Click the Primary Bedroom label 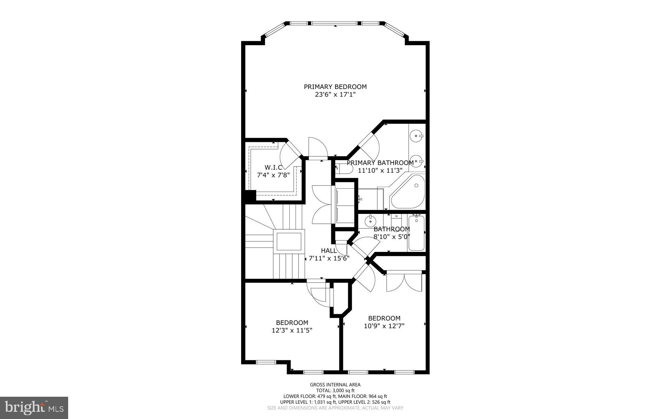coord(335,87)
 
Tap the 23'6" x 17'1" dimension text coord(335,95)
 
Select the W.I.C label coord(273,167)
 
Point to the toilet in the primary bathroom coord(344,168)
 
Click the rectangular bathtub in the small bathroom coord(416,233)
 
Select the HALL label coord(328,251)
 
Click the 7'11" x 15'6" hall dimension coord(329,258)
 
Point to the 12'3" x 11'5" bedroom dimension coord(292,330)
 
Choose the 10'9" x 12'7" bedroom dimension coord(384,326)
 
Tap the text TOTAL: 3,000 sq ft coord(335,390)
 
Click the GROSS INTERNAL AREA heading coord(335,385)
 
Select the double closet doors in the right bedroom coord(404,282)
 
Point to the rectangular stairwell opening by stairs coord(289,241)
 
